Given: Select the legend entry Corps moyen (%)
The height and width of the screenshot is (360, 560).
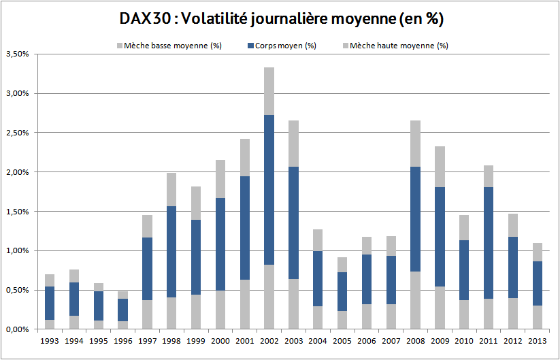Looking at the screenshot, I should pyautogui.click(x=285, y=46).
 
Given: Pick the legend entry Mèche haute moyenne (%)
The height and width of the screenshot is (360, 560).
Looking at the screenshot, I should pyautogui.click(x=399, y=46).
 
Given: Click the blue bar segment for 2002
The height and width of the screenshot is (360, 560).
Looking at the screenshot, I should pyautogui.click(x=269, y=190).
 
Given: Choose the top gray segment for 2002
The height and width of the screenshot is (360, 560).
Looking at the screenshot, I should pyautogui.click(x=269, y=91).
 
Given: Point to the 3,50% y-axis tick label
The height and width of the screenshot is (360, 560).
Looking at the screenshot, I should pyautogui.click(x=16, y=54).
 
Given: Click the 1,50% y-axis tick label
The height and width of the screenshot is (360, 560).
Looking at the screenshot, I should pyautogui.click(x=16, y=212).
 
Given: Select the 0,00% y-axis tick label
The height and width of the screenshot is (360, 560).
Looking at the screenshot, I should pyautogui.click(x=16, y=329).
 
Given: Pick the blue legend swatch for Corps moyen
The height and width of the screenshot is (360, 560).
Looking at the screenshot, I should pyautogui.click(x=250, y=46).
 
